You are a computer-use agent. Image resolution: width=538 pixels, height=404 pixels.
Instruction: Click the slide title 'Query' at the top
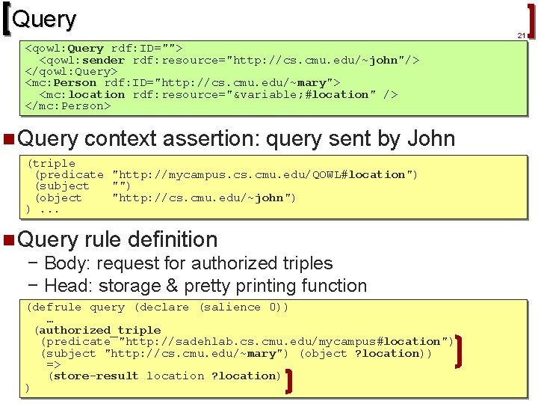coord(44,19)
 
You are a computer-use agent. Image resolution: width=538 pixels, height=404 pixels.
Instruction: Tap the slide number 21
coord(521,35)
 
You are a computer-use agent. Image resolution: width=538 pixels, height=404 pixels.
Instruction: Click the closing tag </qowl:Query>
coord(72,72)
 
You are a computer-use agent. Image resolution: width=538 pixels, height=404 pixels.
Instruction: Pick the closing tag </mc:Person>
coord(68,106)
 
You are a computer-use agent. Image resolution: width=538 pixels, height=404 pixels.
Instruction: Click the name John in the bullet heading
coord(430,138)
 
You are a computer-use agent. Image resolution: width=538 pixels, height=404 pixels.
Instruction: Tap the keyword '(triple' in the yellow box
coord(51,163)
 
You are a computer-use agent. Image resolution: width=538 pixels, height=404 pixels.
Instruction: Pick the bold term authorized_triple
coord(99,330)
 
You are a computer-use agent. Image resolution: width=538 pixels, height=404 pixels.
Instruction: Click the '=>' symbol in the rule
coord(54,364)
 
